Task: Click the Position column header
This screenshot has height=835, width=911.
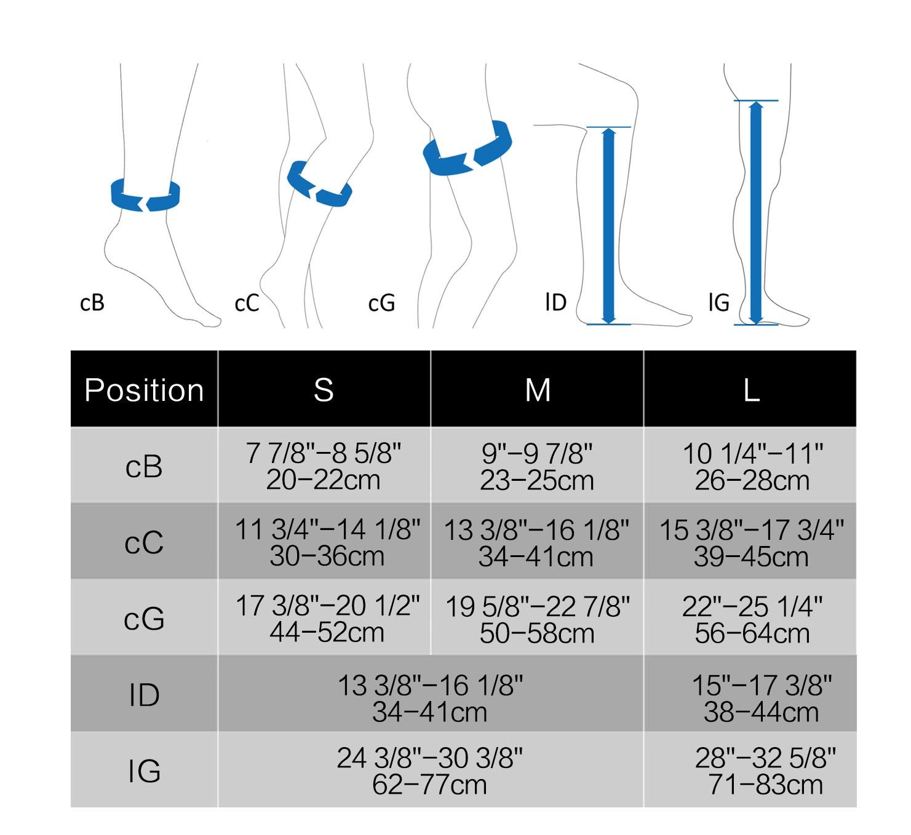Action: tap(144, 390)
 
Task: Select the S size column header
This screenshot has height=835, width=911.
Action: tap(324, 390)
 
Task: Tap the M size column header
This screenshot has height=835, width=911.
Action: tap(537, 390)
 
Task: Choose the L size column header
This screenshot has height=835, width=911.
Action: tap(750, 390)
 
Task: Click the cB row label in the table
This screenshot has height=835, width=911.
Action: tap(144, 466)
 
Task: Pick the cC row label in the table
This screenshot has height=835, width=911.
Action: tap(144, 542)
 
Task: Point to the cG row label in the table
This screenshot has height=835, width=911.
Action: tap(144, 619)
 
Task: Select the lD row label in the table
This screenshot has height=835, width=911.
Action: tap(144, 695)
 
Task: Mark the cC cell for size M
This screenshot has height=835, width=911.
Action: tap(537, 543)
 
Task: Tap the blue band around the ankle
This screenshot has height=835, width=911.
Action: tap(145, 196)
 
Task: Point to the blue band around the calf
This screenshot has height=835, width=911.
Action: tap(319, 185)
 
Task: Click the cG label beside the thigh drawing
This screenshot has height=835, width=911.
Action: tap(381, 303)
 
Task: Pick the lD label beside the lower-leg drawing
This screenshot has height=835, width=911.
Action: tap(555, 302)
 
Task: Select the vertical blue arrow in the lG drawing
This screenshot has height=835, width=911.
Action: tap(756, 212)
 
